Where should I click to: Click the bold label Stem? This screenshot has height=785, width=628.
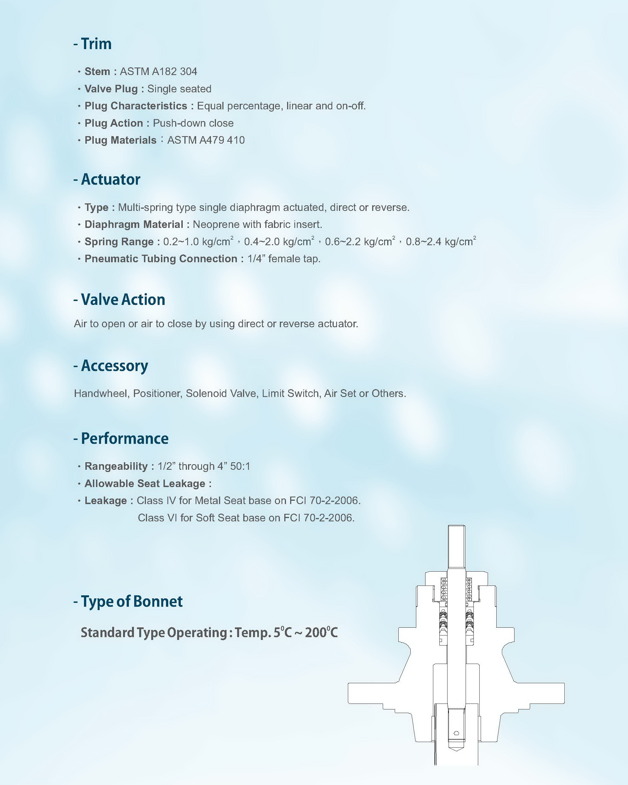[97, 71]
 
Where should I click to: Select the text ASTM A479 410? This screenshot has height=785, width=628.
[206, 140]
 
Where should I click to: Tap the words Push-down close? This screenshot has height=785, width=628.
[193, 123]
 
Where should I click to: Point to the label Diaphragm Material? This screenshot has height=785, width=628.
[134, 224]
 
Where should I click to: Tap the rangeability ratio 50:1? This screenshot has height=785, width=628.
[240, 466]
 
